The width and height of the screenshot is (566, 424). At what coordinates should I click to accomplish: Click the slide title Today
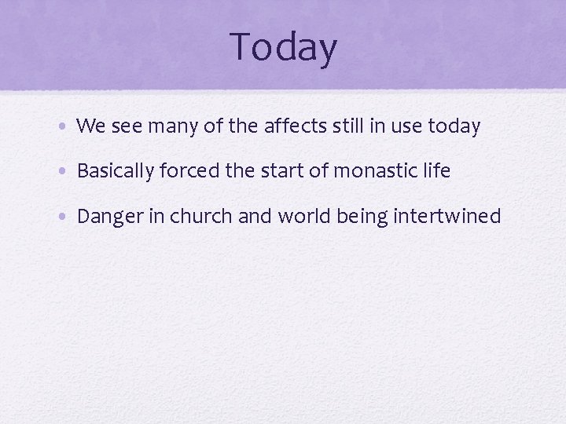click(x=284, y=46)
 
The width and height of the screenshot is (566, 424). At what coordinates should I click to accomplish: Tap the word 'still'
click(x=359, y=126)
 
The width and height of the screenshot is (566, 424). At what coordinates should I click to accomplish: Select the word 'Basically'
click(x=115, y=171)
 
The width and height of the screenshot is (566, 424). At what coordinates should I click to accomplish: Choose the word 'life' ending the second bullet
click(x=436, y=170)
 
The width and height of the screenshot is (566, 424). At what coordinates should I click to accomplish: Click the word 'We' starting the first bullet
click(x=90, y=126)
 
